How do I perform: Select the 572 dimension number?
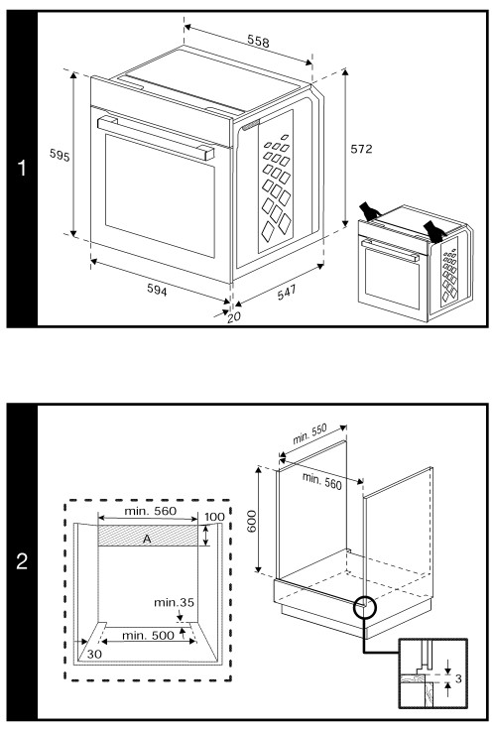coord(365,148)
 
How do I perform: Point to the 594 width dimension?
coord(156,290)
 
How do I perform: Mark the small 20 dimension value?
coord(234,316)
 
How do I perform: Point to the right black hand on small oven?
coord(434,231)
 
